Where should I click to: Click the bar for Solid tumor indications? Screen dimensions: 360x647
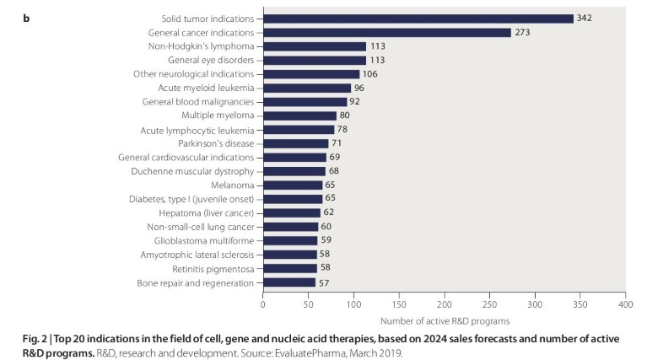(418, 19)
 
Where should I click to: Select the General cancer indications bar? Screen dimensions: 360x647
(387, 32)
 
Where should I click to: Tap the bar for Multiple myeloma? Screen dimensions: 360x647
(299, 116)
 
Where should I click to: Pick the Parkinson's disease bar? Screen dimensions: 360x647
(295, 143)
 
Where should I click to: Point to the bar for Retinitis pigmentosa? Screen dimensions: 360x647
(289, 268)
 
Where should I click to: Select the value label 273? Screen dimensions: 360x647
(523, 32)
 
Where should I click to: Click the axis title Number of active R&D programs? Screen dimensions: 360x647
(443, 320)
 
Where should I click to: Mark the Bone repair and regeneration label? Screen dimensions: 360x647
(196, 282)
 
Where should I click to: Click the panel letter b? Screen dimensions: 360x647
(26, 17)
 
